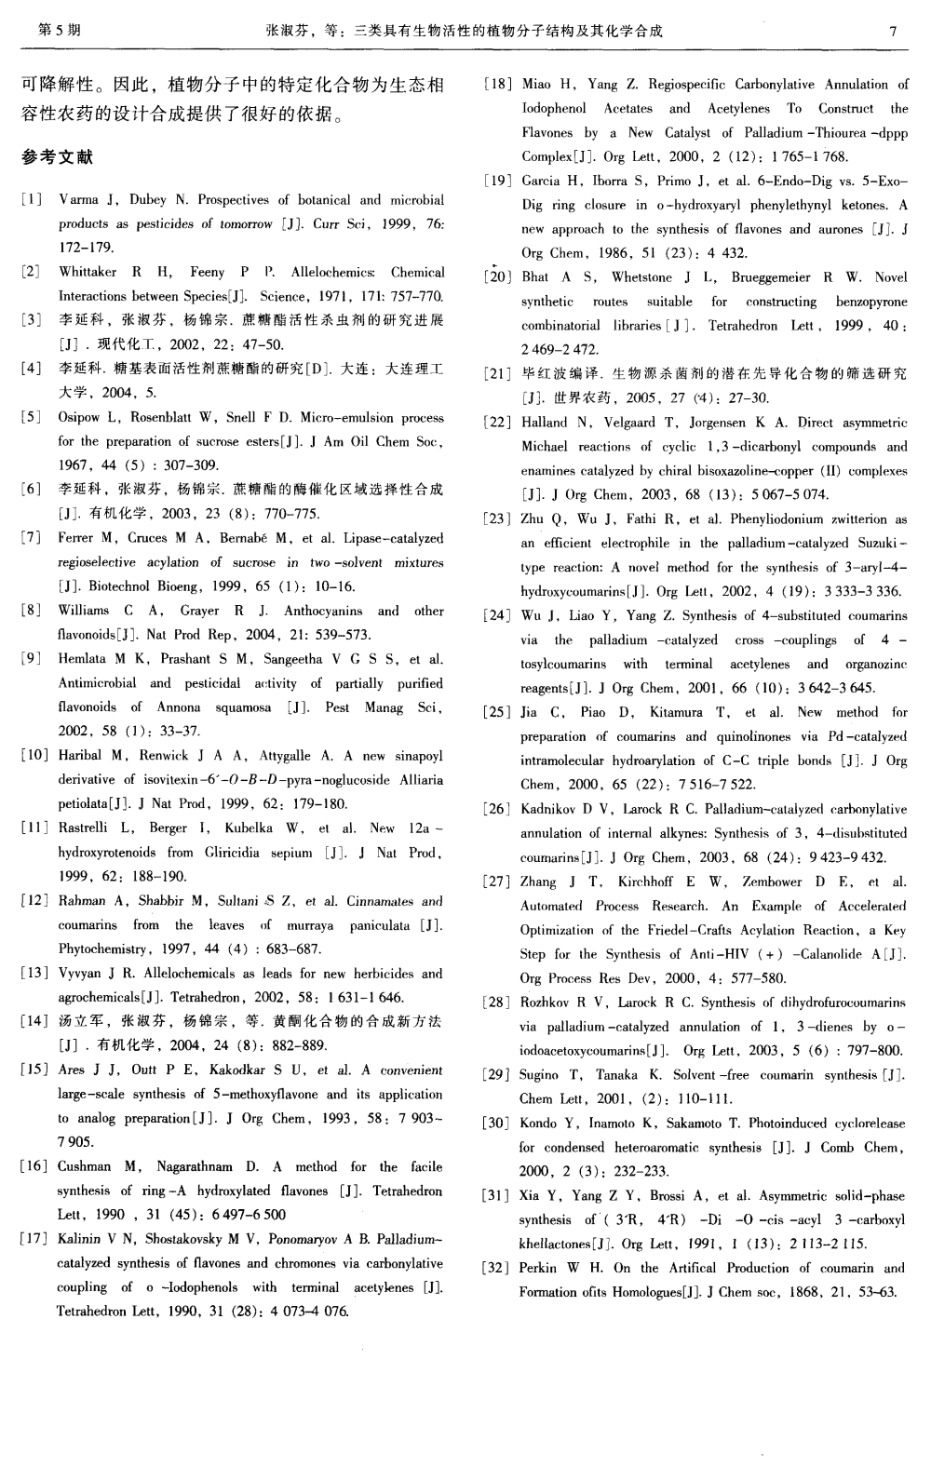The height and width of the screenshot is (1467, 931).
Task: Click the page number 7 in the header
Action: [892, 31]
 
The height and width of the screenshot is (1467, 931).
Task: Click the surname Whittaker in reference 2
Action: [88, 273]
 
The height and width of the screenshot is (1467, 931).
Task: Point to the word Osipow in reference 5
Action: [78, 418]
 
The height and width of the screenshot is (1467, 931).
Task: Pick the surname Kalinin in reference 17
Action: [79, 1240]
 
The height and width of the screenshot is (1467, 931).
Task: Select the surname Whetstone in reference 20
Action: [641, 277]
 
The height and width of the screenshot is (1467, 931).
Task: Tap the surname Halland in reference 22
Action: [545, 423]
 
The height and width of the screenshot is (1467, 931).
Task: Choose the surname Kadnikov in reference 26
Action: [551, 810]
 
